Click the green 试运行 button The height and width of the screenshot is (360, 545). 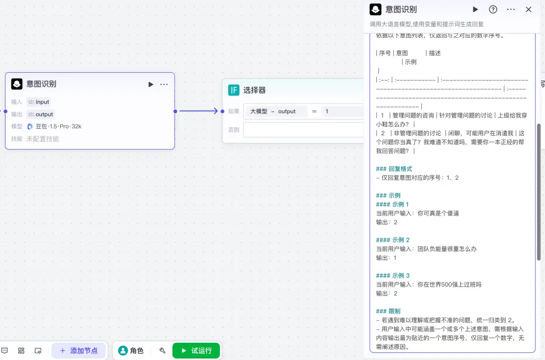click(x=196, y=350)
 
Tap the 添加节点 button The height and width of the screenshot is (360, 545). click(x=79, y=350)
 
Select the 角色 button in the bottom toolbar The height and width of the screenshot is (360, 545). click(x=131, y=350)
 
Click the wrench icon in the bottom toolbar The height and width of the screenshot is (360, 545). click(x=162, y=350)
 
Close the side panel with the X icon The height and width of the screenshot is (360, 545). click(x=528, y=10)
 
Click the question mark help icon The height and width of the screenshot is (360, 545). click(x=493, y=10)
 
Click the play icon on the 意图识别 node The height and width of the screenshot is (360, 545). click(x=150, y=84)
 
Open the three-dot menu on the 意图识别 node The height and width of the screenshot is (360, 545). click(x=163, y=84)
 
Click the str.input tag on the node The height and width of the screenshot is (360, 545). click(x=38, y=102)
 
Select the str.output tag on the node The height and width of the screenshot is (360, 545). click(x=41, y=114)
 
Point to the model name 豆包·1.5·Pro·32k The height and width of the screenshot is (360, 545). click(x=59, y=126)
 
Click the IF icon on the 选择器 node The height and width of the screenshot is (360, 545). click(x=234, y=90)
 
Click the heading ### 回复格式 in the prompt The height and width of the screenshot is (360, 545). click(x=394, y=169)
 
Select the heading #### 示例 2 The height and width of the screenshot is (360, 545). click(x=393, y=240)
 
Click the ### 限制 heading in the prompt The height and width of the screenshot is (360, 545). click(x=388, y=312)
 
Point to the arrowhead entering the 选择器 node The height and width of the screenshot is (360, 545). click(x=215, y=111)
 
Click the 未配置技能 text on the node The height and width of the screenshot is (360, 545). click(x=43, y=139)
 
